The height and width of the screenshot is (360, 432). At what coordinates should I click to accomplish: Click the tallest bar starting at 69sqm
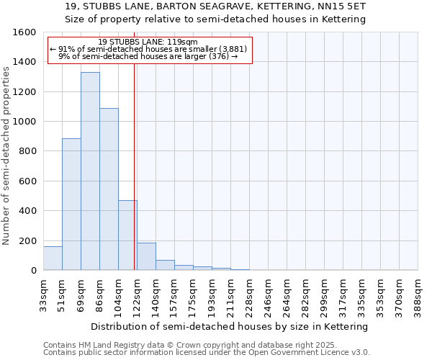pyautogui.click(x=90, y=171)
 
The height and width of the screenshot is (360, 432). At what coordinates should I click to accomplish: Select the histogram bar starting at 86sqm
pyautogui.click(x=109, y=189)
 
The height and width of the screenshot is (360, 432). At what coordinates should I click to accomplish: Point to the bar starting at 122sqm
pyautogui.click(x=146, y=257)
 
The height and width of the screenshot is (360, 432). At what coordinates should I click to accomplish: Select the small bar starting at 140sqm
pyautogui.click(x=165, y=265)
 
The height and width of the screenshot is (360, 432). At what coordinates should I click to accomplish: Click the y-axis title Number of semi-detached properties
pyautogui.click(x=6, y=152)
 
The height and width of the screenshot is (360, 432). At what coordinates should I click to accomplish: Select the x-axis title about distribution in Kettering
pyautogui.click(x=230, y=326)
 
